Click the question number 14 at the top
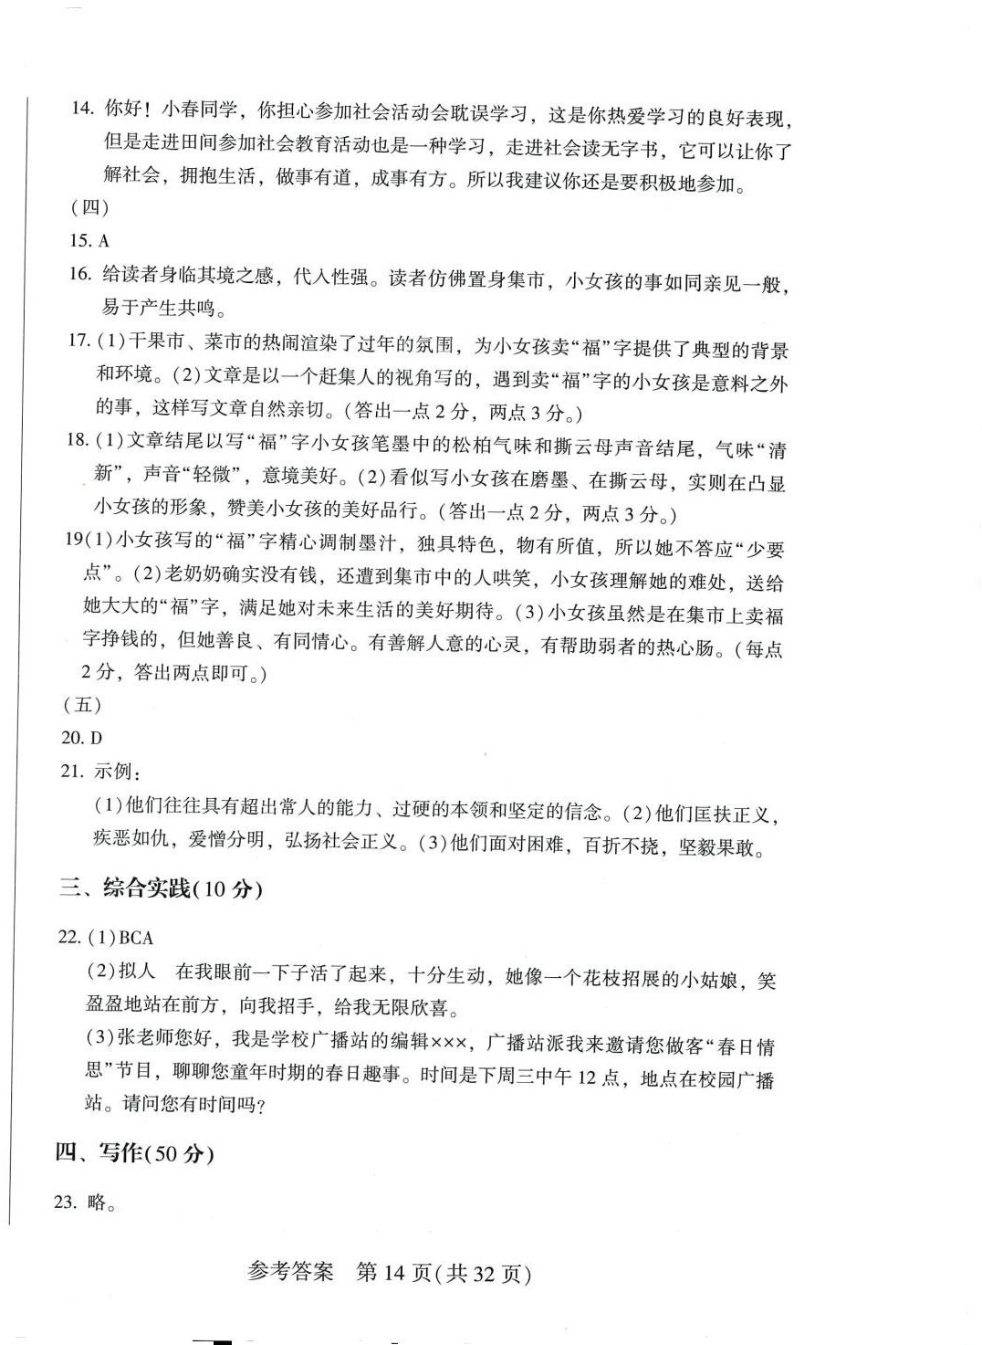point(82,109)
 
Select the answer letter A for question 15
point(103,241)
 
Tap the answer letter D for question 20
point(96,738)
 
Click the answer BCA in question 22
point(136,938)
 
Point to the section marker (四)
point(89,208)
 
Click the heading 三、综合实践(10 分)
point(161,888)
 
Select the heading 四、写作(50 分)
point(134,1153)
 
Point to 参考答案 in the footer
point(290,1272)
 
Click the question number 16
point(79,274)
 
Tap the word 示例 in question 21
point(112,772)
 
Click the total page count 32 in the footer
point(485,1272)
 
